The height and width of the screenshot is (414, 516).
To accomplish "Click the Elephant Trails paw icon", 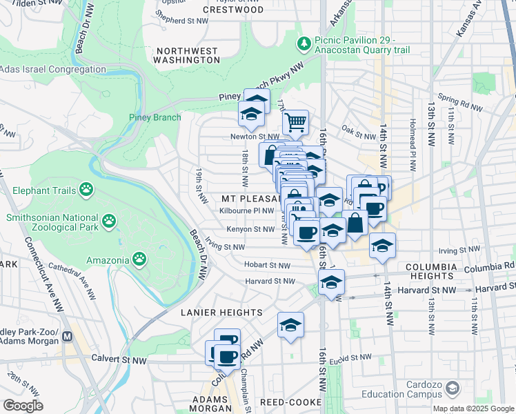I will (86, 188).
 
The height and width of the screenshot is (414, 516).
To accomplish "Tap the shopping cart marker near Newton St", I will (295, 123).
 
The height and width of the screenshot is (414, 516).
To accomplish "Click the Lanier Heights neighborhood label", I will (212, 313).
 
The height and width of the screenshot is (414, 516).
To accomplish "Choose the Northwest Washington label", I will (187, 56).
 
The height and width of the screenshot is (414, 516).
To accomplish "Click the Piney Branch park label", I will (155, 117).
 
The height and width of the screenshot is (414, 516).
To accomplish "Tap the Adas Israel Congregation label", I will (53, 70).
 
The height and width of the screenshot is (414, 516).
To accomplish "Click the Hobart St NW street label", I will (267, 264).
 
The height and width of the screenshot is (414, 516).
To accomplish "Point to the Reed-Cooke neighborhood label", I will (290, 402).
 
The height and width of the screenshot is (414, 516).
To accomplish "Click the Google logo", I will (23, 406).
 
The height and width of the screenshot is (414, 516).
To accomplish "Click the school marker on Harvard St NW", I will (331, 283).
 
